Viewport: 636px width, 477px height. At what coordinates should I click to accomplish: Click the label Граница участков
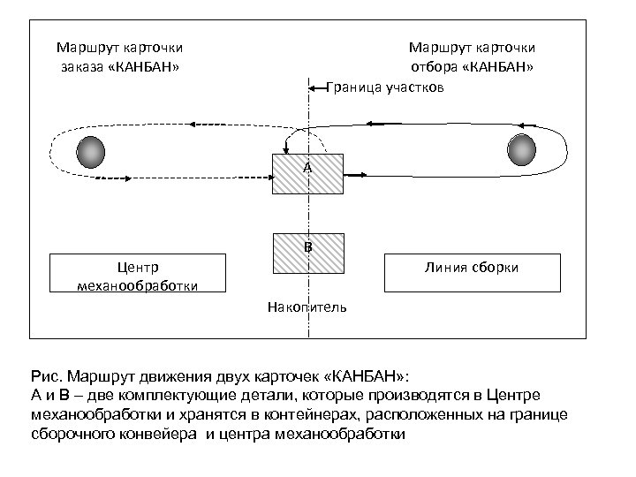click(386, 87)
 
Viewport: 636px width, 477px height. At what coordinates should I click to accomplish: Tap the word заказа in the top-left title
click(83, 66)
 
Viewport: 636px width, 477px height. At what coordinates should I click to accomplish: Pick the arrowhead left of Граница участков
click(314, 87)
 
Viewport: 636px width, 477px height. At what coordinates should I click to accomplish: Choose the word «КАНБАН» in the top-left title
click(148, 66)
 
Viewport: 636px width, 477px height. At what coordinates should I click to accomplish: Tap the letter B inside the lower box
click(307, 246)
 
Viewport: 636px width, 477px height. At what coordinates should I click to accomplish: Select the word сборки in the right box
click(500, 268)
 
